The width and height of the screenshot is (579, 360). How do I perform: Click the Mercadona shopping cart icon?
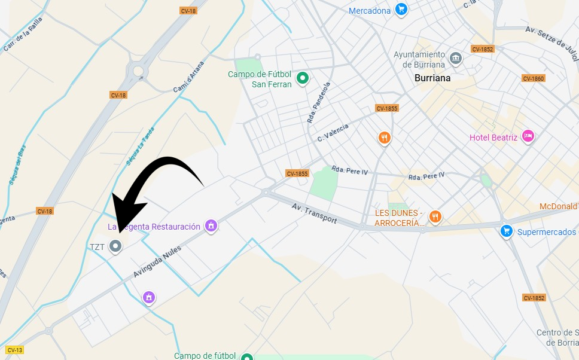401,10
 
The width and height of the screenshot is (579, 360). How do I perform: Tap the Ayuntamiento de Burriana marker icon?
456,58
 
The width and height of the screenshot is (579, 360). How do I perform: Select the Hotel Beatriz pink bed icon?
528,136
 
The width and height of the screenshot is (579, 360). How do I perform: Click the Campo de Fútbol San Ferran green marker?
303,77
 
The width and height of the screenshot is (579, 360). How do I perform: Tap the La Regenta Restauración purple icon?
210,225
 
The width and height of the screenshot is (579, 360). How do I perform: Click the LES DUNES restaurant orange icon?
435,216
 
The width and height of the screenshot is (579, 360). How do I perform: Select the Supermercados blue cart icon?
507,230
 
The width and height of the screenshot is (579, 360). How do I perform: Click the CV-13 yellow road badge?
14,350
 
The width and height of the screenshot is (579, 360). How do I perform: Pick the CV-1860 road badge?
533,78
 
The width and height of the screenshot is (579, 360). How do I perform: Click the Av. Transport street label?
314,213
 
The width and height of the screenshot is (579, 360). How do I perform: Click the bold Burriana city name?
432,78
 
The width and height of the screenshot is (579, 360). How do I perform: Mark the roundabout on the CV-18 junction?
138,71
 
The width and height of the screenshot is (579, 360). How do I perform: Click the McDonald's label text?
559,206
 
